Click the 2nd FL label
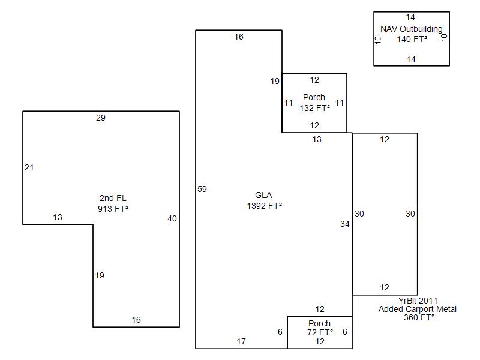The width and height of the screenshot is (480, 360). (x=113, y=199)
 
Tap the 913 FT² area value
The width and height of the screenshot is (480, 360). (x=113, y=209)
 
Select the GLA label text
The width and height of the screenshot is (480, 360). (x=263, y=195)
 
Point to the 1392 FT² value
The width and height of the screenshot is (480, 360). (x=265, y=205)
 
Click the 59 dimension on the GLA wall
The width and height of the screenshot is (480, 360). (x=202, y=189)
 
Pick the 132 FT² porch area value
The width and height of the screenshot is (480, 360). (x=315, y=108)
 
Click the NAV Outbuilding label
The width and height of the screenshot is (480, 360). (x=412, y=29)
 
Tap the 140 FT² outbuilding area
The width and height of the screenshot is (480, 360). (x=412, y=39)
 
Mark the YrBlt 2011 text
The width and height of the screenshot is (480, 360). (x=418, y=301)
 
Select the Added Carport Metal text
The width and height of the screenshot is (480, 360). (x=418, y=309)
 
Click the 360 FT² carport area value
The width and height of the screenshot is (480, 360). (x=419, y=317)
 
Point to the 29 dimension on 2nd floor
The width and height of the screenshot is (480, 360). (x=101, y=118)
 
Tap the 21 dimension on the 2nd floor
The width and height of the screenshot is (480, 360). (x=29, y=167)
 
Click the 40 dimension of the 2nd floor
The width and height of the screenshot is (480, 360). (x=172, y=218)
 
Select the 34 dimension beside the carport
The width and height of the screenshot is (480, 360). (x=344, y=224)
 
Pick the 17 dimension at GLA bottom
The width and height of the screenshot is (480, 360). (x=241, y=341)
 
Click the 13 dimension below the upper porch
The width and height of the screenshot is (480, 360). (x=317, y=139)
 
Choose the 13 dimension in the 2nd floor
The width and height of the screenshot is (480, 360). (x=58, y=217)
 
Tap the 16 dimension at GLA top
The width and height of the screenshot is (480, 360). (x=239, y=37)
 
